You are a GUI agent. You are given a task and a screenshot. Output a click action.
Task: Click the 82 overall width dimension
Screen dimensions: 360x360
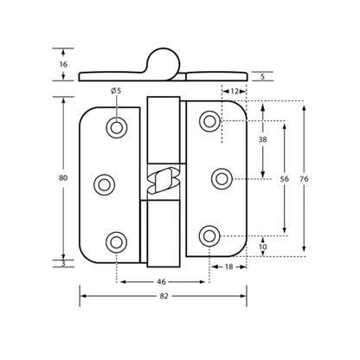164,296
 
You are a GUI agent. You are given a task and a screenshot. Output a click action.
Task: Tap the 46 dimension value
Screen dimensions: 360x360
163,282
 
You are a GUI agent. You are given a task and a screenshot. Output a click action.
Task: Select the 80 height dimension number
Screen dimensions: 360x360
63,178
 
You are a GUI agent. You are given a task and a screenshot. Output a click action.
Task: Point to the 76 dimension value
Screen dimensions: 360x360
304,179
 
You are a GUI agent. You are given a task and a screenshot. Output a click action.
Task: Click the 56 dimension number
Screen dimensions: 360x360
285,179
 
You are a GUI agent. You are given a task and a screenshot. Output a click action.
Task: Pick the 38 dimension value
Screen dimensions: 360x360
262,139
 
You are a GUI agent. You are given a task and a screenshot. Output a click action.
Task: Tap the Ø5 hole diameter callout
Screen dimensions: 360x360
116,91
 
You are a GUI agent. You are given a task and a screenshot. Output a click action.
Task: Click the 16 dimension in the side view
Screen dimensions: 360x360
63,64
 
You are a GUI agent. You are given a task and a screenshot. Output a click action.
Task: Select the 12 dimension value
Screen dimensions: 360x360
235,92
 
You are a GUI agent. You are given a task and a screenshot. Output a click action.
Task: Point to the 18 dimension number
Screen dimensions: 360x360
228,267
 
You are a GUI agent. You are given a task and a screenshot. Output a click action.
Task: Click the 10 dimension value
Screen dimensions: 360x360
263,247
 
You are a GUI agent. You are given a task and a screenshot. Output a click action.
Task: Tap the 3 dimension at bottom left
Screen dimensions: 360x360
63,263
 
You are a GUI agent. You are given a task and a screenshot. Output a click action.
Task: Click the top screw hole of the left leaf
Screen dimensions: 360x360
117,127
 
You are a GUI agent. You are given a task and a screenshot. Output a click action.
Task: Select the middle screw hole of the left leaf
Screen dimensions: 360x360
104,185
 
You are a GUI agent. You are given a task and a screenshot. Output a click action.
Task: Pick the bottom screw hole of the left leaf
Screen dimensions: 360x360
117,242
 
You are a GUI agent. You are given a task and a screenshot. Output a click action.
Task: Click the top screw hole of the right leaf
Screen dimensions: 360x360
209,121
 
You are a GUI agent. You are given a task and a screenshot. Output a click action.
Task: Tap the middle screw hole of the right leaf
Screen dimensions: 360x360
222,179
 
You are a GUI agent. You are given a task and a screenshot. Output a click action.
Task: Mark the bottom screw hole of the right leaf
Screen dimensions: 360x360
209,236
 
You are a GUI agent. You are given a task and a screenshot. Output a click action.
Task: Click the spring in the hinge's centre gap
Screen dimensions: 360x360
164,182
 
